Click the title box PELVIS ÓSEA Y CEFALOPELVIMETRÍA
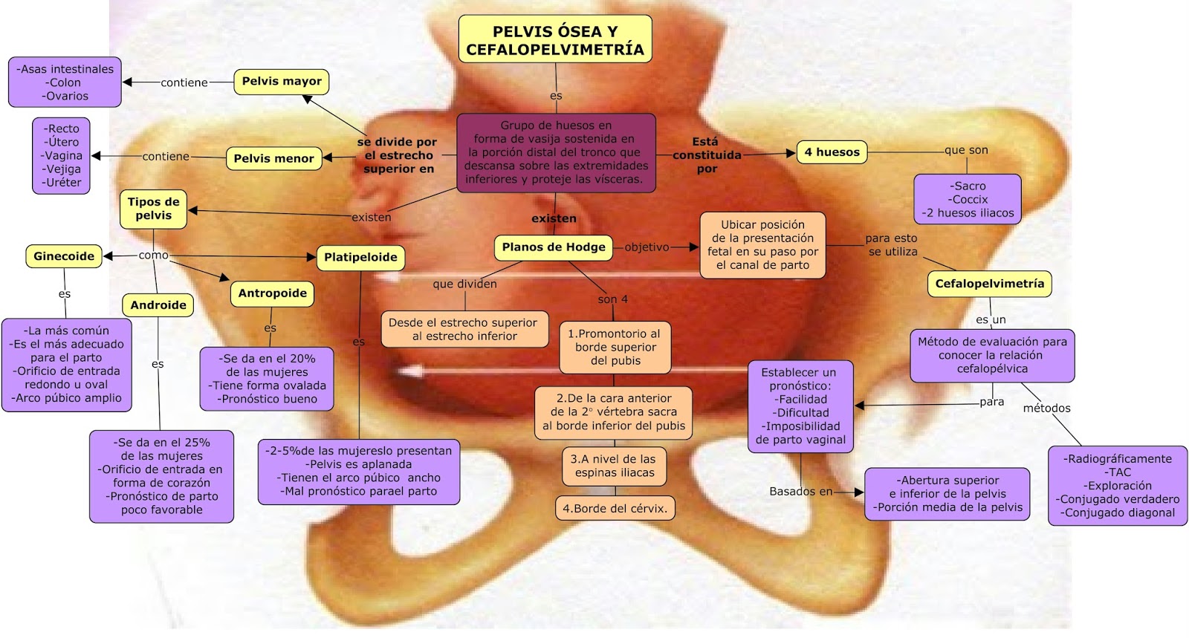pyautogui.click(x=555, y=40)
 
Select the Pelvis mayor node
pyautogui.click(x=282, y=82)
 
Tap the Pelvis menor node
pyautogui.click(x=273, y=158)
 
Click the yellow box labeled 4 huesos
pyautogui.click(x=832, y=152)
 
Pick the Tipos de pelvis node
pyautogui.click(x=153, y=209)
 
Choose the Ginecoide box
pyautogui.click(x=64, y=256)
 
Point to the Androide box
pyautogui.click(x=158, y=305)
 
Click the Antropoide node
pyautogui.click(x=272, y=293)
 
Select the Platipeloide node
pyautogui.click(x=360, y=258)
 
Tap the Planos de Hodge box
pyautogui.click(x=554, y=247)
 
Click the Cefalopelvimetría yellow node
pyautogui.click(x=989, y=284)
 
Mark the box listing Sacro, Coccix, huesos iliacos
pyautogui.click(x=968, y=199)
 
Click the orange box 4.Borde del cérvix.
pyautogui.click(x=615, y=509)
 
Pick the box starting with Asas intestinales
pyautogui.click(x=65, y=82)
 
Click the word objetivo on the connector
pyautogui.click(x=647, y=247)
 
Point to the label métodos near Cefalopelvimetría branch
pyautogui.click(x=1046, y=408)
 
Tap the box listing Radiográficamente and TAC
pyautogui.click(x=1117, y=486)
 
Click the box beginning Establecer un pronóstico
pyautogui.click(x=800, y=406)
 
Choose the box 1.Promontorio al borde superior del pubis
pyautogui.click(x=615, y=347)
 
